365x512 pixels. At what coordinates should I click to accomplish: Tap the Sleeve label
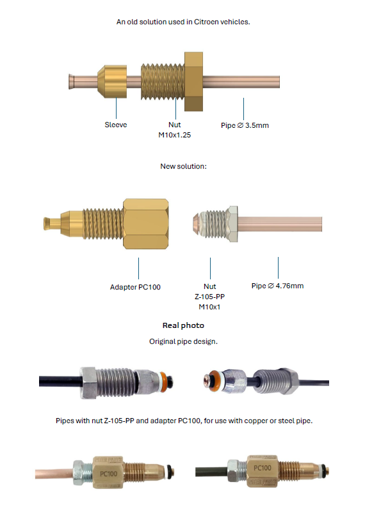116,125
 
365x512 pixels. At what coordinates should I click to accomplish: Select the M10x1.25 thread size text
175,135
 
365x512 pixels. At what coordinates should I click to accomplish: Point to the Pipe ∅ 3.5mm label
245,125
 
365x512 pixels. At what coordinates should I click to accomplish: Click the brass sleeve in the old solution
112,82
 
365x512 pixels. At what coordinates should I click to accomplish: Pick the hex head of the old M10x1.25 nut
193,82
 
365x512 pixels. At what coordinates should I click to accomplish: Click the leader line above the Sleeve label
116,109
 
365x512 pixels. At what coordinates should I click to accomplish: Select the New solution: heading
184,166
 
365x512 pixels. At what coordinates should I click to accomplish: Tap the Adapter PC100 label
135,287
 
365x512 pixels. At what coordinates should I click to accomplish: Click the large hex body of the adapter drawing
146,224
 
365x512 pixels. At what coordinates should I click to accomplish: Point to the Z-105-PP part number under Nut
209,297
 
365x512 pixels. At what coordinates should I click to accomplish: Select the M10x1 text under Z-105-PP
209,307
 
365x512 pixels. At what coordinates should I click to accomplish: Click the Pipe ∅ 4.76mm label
277,286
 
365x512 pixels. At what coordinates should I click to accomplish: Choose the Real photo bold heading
184,325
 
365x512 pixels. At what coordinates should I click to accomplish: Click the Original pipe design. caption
184,341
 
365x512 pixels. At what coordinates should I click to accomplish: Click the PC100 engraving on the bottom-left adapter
108,474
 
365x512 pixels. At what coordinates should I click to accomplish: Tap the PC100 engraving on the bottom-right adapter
263,468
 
